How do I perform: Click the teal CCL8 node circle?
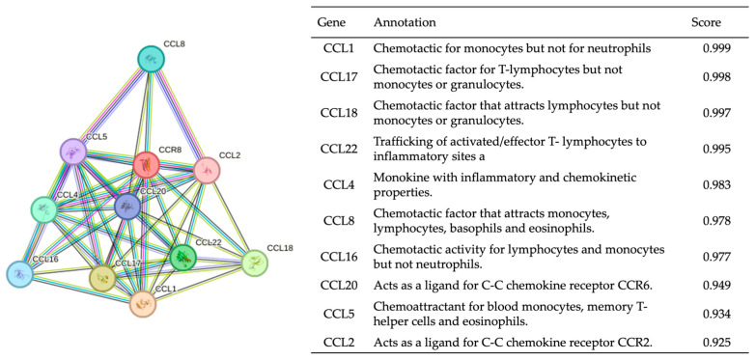pyautogui.click(x=151, y=61)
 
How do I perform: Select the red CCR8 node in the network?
pyautogui.click(x=147, y=165)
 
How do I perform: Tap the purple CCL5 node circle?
pyautogui.click(x=73, y=151)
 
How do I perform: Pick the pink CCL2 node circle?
pyautogui.click(x=207, y=170)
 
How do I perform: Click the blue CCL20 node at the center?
pyautogui.click(x=127, y=206)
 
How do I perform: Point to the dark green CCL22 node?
pyautogui.click(x=182, y=258)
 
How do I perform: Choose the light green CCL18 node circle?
pyautogui.click(x=253, y=263)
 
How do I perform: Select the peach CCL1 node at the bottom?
pyautogui.click(x=143, y=303)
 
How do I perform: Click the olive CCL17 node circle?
pyautogui.click(x=102, y=278)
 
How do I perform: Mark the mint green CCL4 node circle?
pyautogui.click(x=43, y=209)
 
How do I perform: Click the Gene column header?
pyautogui.click(x=333, y=21)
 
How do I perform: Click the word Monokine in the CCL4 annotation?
pyautogui.click(x=402, y=176)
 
